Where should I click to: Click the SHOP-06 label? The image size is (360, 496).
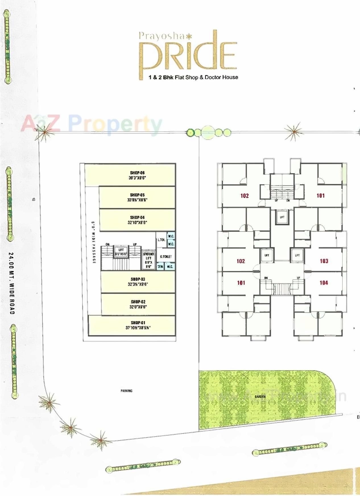pos(137,173)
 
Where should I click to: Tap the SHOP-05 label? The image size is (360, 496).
pos(137,195)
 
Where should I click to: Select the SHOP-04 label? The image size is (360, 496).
pos(137,217)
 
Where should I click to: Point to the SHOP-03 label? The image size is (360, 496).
pos(138,279)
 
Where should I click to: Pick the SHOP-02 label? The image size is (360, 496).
pos(138,301)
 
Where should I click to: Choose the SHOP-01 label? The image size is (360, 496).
pos(138,323)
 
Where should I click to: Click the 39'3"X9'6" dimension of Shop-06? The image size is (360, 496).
pos(137,178)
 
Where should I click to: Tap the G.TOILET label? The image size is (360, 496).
pos(166,257)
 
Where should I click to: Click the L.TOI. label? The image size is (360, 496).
pos(161,240)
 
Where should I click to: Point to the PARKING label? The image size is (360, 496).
pos(127,391)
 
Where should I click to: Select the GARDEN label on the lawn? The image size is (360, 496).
pos(260,396)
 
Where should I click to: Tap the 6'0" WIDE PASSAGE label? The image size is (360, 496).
pos(93,242)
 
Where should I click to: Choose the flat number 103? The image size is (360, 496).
pos(324,261)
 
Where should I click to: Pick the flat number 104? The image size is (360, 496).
pos(324,283)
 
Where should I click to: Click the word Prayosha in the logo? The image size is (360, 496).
pos(162,36)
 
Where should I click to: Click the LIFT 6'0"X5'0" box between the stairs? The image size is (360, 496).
pos(121,252)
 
